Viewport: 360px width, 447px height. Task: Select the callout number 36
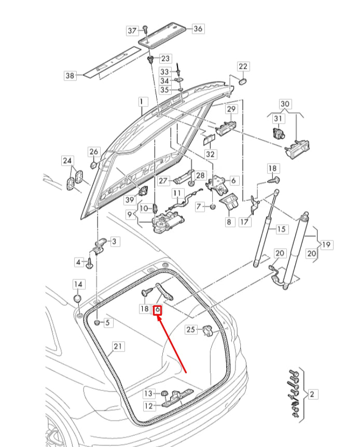point(198,29)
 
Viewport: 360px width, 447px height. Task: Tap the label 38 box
point(70,76)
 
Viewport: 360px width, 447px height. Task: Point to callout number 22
point(243,66)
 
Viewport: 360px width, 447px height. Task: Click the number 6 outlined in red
point(159,310)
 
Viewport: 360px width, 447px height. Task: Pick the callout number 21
point(118,346)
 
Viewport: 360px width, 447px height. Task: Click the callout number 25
point(190,329)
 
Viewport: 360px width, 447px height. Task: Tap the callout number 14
point(77,284)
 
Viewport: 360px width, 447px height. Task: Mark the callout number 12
point(148,406)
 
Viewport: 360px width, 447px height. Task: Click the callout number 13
point(148,394)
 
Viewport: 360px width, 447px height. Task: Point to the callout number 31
point(279,119)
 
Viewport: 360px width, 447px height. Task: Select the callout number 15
point(281,229)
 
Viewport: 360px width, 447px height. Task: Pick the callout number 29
point(231,109)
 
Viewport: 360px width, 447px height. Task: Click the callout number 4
point(79,263)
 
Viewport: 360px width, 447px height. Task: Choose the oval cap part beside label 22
point(242,81)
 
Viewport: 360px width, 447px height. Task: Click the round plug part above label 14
point(77,298)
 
